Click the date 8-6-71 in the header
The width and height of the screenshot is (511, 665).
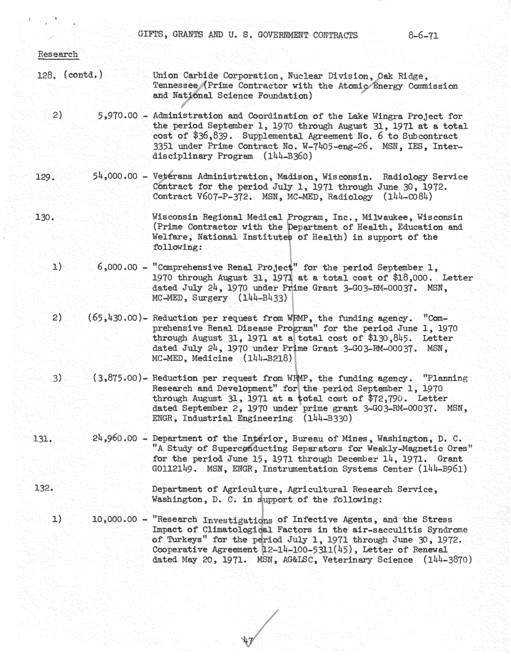pyautogui.click(x=423, y=36)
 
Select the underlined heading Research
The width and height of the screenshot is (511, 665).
pyautogui.click(x=58, y=54)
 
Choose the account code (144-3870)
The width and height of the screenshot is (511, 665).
pyautogui.click(x=447, y=560)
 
